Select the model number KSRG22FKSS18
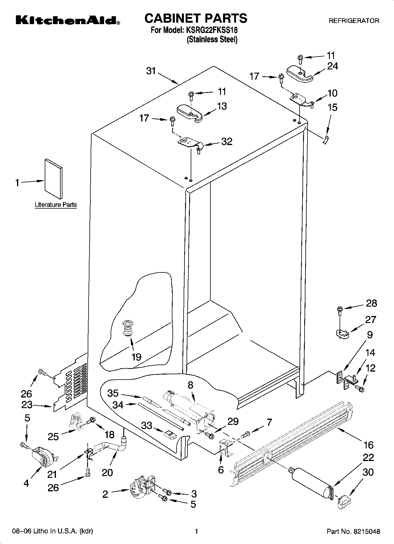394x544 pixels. tap(211, 30)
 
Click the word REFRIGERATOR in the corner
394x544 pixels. tap(354, 21)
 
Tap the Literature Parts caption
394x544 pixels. tap(56, 205)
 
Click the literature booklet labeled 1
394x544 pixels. tap(53, 179)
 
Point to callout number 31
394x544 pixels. tap(151, 71)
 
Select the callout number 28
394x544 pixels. tap(371, 303)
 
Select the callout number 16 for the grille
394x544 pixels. tap(368, 445)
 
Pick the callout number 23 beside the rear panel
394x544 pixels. tap(27, 405)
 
